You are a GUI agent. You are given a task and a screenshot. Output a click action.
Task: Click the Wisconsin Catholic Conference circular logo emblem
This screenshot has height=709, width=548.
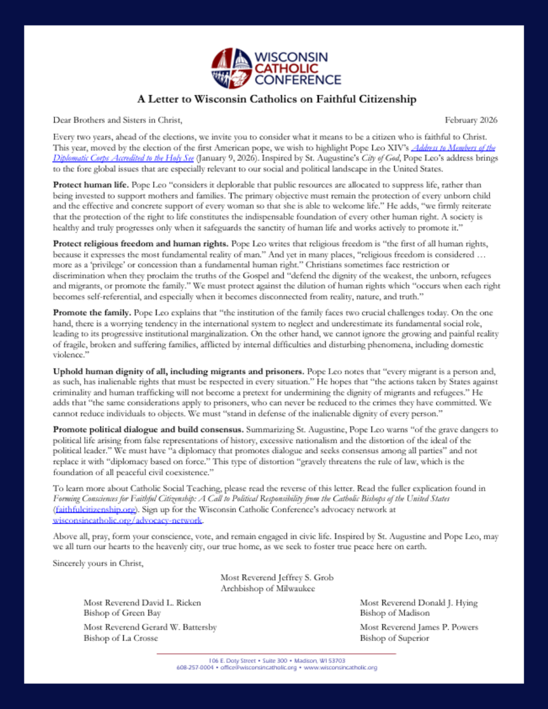(231, 68)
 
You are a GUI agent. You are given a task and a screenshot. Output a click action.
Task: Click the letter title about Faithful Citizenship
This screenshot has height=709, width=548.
(276, 99)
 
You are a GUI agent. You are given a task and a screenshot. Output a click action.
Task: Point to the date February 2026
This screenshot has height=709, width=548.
(471, 120)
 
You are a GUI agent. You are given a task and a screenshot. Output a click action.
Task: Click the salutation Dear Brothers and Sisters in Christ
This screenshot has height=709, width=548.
(117, 120)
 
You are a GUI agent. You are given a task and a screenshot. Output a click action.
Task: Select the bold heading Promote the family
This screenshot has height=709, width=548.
(92, 313)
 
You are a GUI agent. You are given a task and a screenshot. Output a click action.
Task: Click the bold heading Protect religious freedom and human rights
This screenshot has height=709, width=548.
(141, 243)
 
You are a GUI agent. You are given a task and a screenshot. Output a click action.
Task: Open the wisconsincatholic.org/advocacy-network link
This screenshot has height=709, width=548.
(128, 520)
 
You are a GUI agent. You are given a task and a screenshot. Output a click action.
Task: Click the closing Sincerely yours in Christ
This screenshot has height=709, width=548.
(98, 563)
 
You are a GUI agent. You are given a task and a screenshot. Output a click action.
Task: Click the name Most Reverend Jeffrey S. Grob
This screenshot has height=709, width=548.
(277, 577)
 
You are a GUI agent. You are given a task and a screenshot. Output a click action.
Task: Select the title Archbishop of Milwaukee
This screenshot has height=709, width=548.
(268, 588)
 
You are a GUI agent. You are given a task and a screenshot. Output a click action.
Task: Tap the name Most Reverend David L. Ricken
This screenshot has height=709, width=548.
(142, 602)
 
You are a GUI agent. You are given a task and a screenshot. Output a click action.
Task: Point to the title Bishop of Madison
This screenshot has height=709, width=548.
(394, 613)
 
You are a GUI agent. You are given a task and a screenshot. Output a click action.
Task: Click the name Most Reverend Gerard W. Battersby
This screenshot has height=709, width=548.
(150, 627)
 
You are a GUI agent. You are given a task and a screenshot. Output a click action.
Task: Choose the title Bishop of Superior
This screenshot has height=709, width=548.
(394, 638)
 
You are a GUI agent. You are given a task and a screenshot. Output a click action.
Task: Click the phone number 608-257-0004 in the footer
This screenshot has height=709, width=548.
(195, 668)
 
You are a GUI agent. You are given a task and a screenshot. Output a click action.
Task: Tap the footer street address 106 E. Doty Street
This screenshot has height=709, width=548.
(232, 660)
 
